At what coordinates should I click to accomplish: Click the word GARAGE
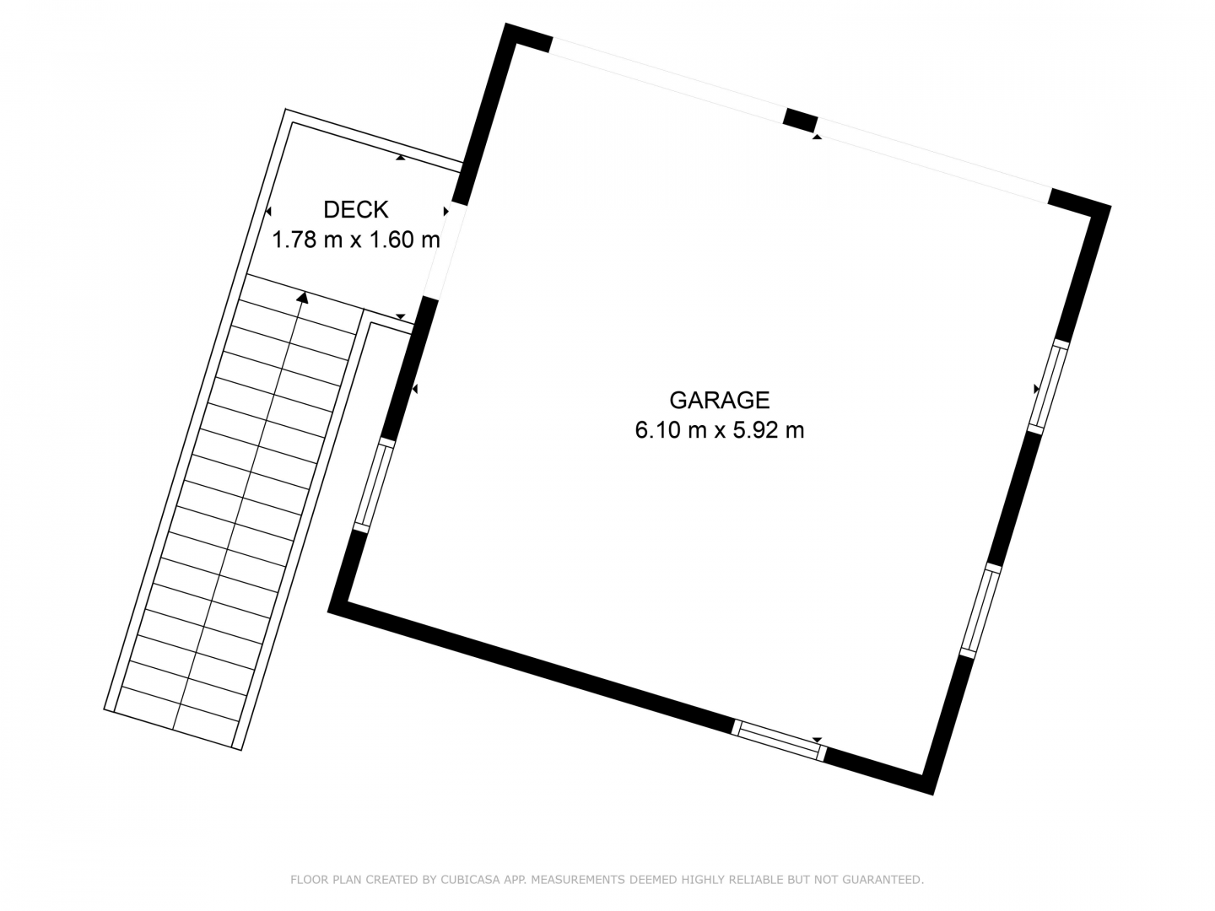pos(719,400)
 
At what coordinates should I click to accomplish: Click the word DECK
pos(356,210)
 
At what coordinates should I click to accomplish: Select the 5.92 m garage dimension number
pos(769,430)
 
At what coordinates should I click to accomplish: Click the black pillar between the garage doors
pos(801,121)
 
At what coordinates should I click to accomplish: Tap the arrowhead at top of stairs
pos(302,299)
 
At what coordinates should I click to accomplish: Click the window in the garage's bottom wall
pos(779,740)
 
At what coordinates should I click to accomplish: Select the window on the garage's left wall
pos(374,486)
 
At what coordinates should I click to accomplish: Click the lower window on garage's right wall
pos(980,611)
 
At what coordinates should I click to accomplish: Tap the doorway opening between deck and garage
pos(445,252)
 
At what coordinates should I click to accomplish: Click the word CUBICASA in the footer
pos(467,880)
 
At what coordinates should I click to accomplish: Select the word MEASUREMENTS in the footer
pos(577,880)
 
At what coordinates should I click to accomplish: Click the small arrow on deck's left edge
pos(268,211)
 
